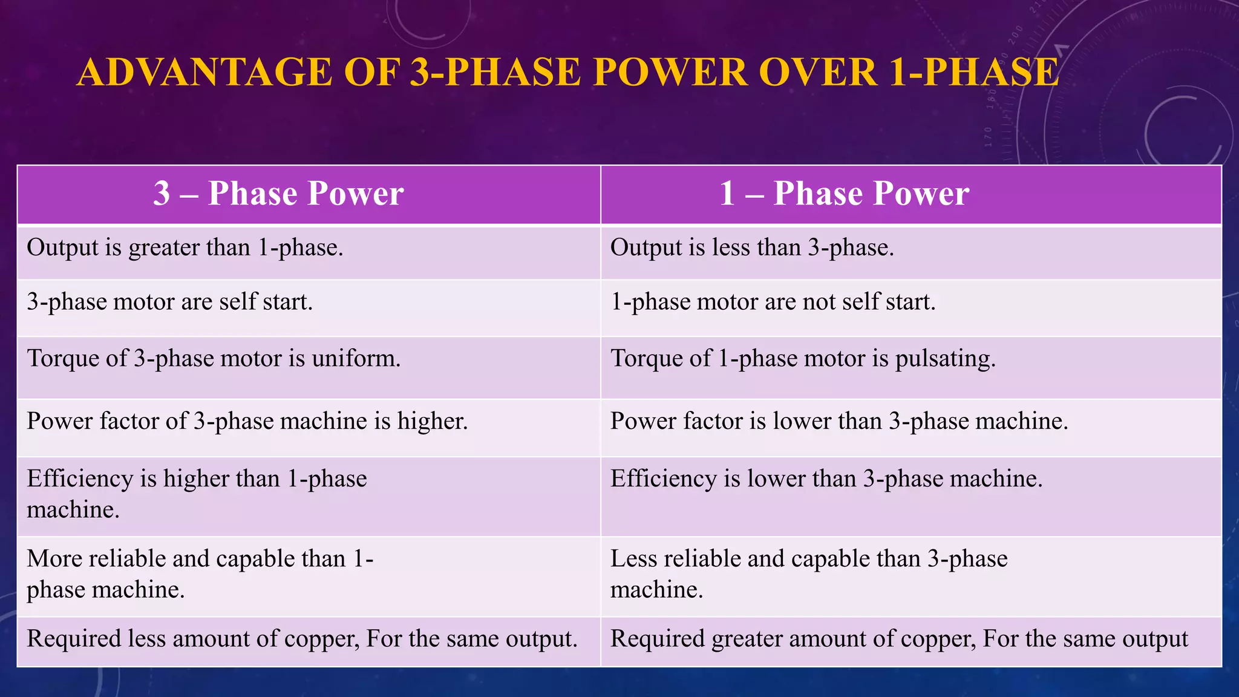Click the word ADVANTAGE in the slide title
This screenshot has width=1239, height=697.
[204, 73]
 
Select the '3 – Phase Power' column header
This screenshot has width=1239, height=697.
[278, 194]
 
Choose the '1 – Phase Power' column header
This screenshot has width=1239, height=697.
[844, 194]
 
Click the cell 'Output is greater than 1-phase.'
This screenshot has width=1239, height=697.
[185, 248]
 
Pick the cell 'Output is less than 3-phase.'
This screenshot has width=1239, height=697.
[752, 248]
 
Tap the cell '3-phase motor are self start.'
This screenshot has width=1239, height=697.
[170, 302]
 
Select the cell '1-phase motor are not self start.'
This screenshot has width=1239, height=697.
[773, 302]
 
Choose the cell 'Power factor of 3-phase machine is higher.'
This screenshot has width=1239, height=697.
[247, 422]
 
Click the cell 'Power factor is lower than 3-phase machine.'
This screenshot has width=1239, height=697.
[839, 422]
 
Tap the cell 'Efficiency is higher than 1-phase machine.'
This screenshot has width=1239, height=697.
[197, 494]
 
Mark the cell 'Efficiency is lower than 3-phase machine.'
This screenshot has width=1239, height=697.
[826, 479]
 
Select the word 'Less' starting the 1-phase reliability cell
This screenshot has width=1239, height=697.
[633, 559]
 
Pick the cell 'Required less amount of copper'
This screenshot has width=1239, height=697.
[302, 640]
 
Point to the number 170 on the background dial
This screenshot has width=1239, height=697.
[988, 137]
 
